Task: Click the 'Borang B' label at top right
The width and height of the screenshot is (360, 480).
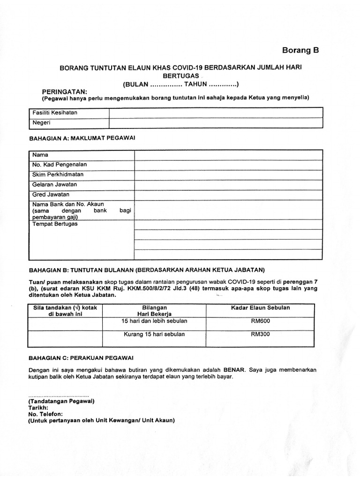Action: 300,50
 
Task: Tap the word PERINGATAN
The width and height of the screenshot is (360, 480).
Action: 65,91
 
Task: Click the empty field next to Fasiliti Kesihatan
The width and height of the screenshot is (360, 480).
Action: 216,112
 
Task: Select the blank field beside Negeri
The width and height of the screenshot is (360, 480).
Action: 216,123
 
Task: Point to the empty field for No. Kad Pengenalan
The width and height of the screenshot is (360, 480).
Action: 228,165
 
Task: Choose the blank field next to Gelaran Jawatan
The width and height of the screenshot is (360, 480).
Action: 228,185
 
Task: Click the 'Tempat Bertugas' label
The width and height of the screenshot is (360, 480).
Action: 55,224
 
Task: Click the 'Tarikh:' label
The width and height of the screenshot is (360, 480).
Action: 39,408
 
